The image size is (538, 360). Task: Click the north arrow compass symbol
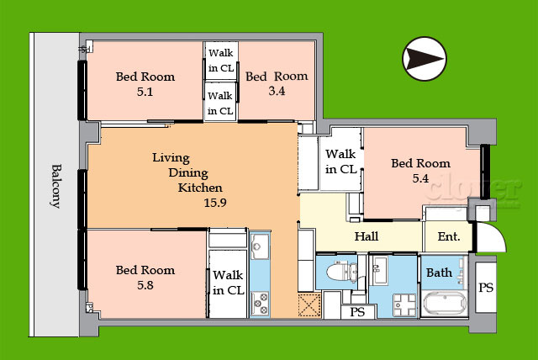[x=425, y=59]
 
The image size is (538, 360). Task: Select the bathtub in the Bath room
[x=445, y=304]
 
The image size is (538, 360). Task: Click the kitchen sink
[x=260, y=246]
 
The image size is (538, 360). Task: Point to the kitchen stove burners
[x=260, y=304]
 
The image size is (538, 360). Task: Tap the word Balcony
[x=56, y=187]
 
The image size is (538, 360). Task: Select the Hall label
[x=367, y=236]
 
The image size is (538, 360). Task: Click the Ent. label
[x=449, y=236]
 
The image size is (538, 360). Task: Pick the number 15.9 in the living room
[x=215, y=203]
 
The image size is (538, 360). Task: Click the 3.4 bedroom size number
[x=277, y=91]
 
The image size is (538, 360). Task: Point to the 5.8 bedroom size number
[x=145, y=285]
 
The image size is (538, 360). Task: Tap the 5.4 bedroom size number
[x=420, y=178]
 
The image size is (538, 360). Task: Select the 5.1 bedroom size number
[x=145, y=92]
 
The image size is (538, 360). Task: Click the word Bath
[x=439, y=273]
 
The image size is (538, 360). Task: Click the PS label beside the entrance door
[x=486, y=288]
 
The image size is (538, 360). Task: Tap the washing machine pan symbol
[x=405, y=304]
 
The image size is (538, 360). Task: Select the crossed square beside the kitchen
[x=309, y=304]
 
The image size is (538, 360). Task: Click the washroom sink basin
[x=380, y=270]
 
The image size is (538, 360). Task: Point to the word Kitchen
[x=200, y=188]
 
